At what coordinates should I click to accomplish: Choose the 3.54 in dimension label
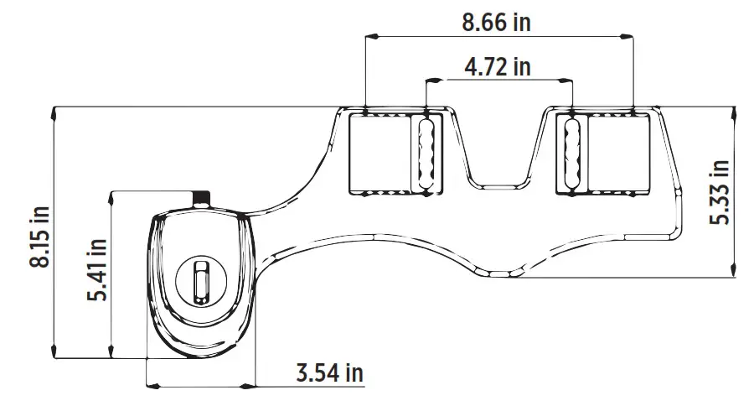click(x=330, y=372)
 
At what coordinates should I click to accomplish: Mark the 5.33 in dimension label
click(x=720, y=191)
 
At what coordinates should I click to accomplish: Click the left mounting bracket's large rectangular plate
click(x=377, y=153)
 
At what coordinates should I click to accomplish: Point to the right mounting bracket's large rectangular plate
click(x=618, y=153)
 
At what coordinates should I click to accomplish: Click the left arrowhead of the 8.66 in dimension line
click(x=369, y=36)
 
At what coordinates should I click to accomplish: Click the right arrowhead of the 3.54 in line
click(x=252, y=387)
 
